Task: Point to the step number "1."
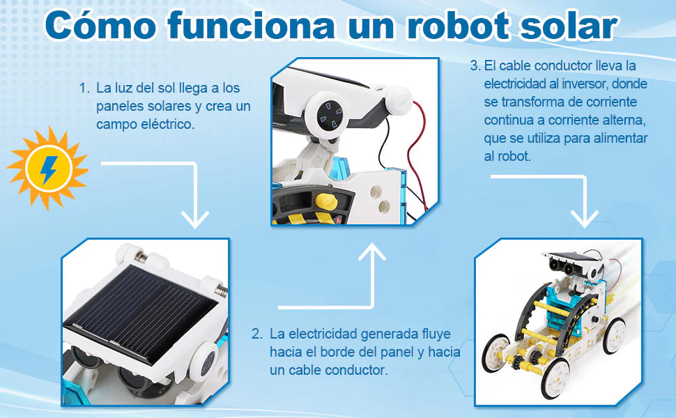click(x=84, y=88)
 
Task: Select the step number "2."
click(x=257, y=334)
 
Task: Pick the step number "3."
click(x=475, y=65)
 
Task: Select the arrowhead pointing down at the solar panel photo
click(x=195, y=219)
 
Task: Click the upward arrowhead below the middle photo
click(x=372, y=251)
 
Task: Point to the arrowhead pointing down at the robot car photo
click(x=584, y=219)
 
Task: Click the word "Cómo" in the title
click(x=100, y=25)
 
